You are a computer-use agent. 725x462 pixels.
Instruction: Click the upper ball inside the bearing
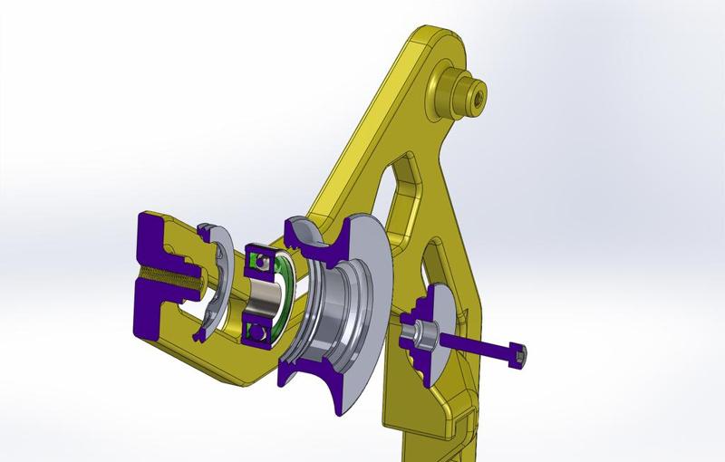click(262, 262)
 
